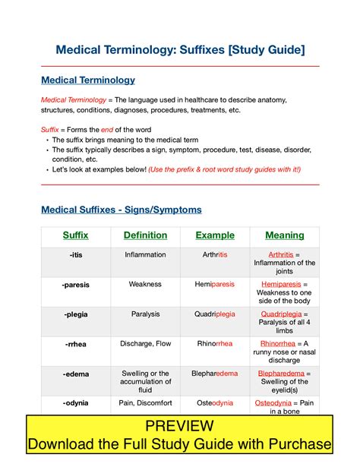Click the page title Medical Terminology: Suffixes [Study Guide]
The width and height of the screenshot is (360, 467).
coord(180,50)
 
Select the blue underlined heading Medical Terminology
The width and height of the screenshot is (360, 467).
coord(88,80)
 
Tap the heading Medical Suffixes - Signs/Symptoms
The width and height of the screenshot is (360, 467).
coord(122,210)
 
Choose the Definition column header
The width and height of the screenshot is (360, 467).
coord(145,235)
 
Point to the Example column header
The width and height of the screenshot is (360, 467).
coord(215,235)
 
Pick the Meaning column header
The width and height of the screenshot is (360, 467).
coord(285,235)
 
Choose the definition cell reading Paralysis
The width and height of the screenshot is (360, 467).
coord(145,314)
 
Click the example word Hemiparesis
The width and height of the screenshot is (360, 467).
coord(215,284)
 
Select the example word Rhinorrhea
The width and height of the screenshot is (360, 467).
coord(215,343)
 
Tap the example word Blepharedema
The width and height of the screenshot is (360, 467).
coord(215,373)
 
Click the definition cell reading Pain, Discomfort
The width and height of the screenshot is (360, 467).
coord(145,402)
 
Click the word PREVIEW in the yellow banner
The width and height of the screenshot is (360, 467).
coord(179,426)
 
